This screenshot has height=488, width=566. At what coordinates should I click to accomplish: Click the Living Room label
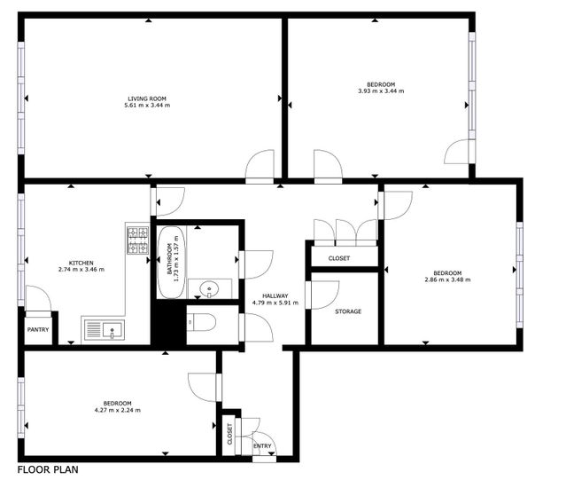(x=147, y=98)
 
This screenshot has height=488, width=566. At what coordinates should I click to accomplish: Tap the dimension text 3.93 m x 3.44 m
(x=381, y=91)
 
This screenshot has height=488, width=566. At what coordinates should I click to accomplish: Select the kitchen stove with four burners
(x=138, y=240)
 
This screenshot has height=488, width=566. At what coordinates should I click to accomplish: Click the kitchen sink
(x=105, y=330)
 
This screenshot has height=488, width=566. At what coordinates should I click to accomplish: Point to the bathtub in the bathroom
(x=172, y=262)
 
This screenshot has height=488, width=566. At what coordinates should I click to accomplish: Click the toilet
(x=201, y=322)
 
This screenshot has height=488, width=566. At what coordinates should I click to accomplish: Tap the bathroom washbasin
(x=209, y=289)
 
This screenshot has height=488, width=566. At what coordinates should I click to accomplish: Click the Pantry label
(x=38, y=330)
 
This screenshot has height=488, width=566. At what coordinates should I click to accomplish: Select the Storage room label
(x=348, y=311)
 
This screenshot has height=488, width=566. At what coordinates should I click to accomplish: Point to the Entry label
(x=262, y=446)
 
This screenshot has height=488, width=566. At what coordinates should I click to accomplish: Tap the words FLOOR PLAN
(x=48, y=469)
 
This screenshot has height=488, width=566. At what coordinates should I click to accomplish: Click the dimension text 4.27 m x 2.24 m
(x=117, y=410)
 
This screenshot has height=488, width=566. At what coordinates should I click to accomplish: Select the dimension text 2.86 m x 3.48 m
(x=447, y=279)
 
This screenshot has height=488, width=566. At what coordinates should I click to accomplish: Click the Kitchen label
(x=81, y=263)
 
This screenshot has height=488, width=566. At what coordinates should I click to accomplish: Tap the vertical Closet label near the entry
(x=230, y=434)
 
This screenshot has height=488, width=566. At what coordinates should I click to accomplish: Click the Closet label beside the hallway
(x=339, y=258)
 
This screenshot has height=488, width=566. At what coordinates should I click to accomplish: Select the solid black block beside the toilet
(x=168, y=324)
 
